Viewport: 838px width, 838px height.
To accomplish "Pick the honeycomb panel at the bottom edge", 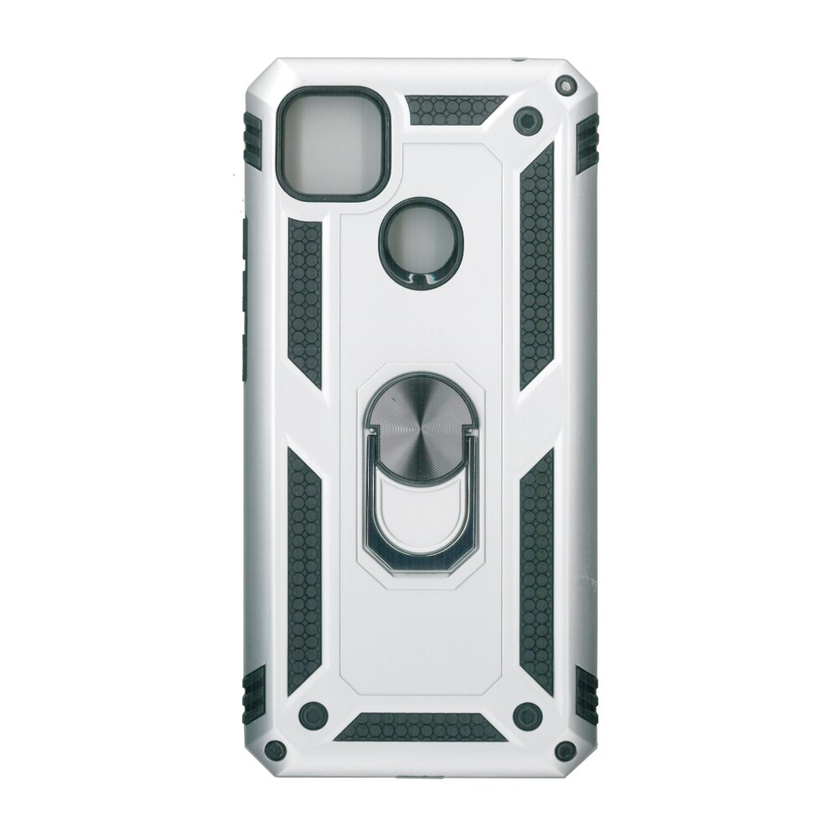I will pos(418,727).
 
